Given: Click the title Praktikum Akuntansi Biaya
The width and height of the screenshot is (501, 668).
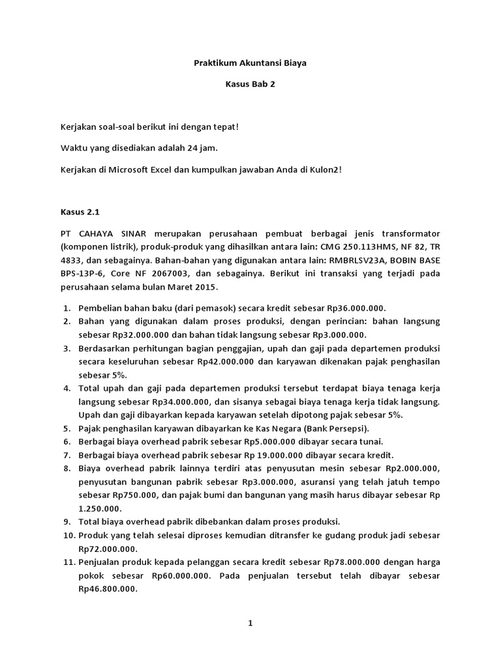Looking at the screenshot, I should click(x=250, y=63).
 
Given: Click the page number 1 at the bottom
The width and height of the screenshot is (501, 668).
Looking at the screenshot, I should click(x=250, y=623).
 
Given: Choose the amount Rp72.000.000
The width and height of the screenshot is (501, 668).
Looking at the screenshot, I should click(x=107, y=549).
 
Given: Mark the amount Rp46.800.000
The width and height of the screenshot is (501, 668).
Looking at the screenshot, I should click(x=107, y=588).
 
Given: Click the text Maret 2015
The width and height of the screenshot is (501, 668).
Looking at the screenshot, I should click(x=197, y=287).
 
